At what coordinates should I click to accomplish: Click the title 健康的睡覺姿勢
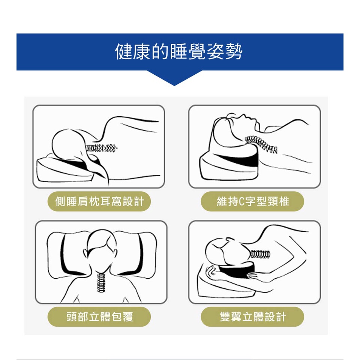tap(179, 52)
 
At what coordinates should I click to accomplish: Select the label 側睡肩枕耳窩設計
tap(99, 201)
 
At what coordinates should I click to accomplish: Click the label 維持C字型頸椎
tap(253, 201)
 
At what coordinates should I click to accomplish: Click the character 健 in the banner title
tap(123, 52)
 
